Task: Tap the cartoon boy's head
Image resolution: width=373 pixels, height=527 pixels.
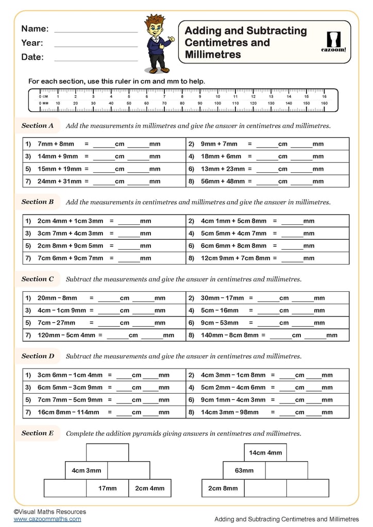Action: pyautogui.click(x=154, y=26)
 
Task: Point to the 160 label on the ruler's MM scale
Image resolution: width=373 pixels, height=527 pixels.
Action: pyautogui.click(x=324, y=103)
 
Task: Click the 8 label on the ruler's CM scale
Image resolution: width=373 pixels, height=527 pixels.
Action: pyautogui.click(x=182, y=96)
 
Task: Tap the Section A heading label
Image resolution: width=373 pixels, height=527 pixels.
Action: pyautogui.click(x=38, y=126)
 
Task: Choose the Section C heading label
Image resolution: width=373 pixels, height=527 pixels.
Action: pyautogui.click(x=38, y=279)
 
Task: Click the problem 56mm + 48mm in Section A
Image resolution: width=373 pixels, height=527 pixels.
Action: pyautogui.click(x=223, y=181)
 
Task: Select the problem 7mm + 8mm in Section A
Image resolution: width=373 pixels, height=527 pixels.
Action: pyautogui.click(x=56, y=144)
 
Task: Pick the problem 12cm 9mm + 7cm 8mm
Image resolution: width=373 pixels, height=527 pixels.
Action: pyautogui.click(x=235, y=258)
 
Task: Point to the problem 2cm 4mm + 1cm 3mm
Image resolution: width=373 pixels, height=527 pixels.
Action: pyautogui.click(x=70, y=221)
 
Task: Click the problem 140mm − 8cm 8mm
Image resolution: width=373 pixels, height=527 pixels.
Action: pyautogui.click(x=233, y=335)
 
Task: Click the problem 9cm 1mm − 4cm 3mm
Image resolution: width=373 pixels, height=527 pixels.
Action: pyautogui.click(x=233, y=400)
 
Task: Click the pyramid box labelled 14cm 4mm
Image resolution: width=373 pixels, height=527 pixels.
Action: pyautogui.click(x=265, y=453)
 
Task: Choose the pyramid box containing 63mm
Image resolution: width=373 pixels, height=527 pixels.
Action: pyautogui.click(x=244, y=470)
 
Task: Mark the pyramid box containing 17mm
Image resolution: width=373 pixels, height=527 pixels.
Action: pyautogui.click(x=107, y=488)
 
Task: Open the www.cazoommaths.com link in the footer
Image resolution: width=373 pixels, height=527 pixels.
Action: pyautogui.click(x=47, y=519)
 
